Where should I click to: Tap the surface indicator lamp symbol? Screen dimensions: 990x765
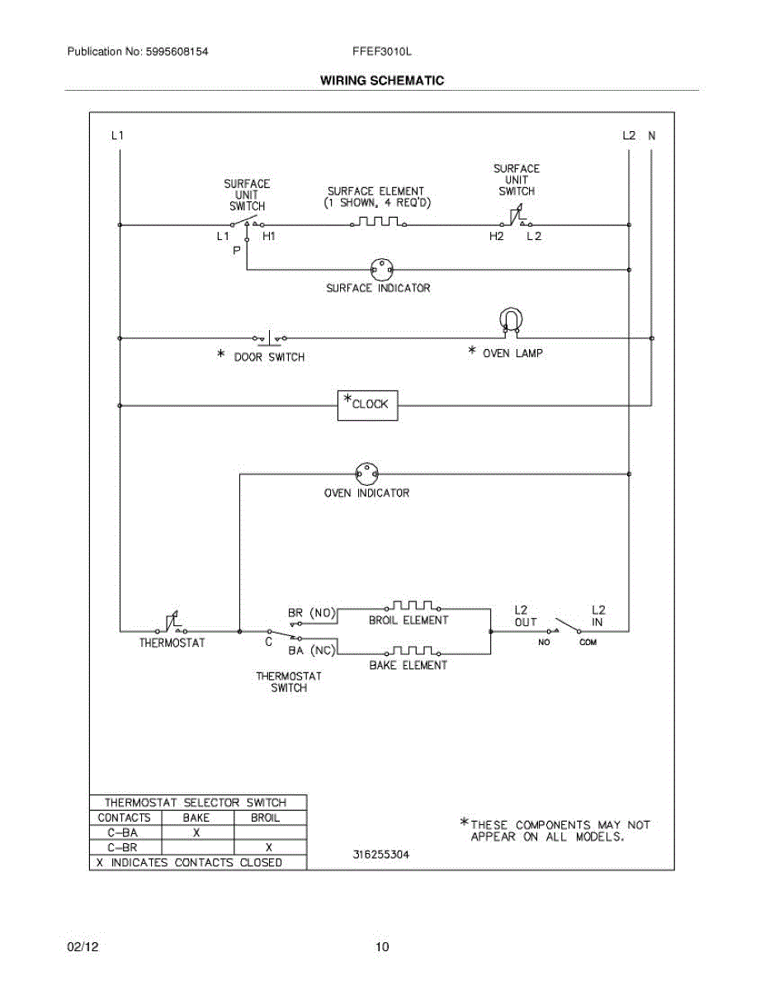click(381, 268)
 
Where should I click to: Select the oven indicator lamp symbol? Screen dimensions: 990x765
click(366, 474)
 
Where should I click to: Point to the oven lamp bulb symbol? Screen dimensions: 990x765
click(511, 322)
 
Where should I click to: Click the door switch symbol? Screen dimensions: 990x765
click(270, 337)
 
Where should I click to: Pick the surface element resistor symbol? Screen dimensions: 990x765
click(379, 222)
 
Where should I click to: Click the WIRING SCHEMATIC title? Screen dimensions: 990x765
click(382, 81)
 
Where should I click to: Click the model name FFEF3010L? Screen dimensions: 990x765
click(381, 51)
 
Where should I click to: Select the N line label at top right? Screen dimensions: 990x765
click(651, 135)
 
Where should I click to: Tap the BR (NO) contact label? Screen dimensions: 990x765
click(312, 613)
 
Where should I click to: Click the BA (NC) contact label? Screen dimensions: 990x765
click(312, 650)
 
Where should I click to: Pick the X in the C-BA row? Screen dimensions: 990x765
click(196, 832)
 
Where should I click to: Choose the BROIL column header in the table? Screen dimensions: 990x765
click(265, 818)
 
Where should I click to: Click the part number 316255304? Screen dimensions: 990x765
click(380, 855)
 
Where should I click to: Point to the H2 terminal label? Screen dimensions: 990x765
click(496, 236)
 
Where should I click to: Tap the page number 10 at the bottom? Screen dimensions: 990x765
click(381, 947)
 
